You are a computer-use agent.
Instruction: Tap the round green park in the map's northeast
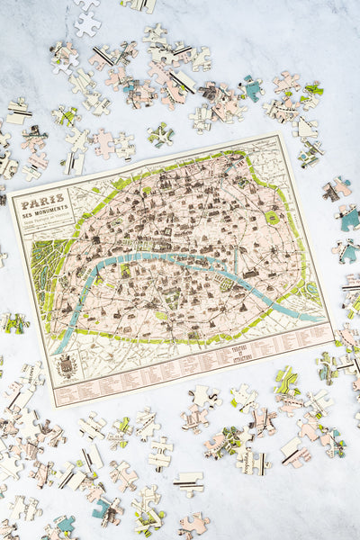click(x=272, y=217)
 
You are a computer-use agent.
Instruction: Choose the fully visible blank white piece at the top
click(x=87, y=24)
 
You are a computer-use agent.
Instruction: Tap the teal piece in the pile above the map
click(x=251, y=88)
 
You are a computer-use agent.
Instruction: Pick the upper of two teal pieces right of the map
click(x=347, y=217)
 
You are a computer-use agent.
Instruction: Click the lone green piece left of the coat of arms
click(x=13, y=322)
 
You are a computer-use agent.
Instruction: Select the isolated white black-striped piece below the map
click(x=188, y=483)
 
